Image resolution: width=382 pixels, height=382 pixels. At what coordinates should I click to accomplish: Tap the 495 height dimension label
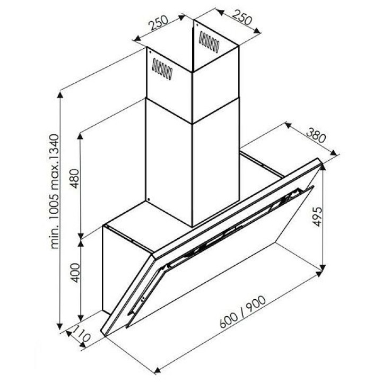(x=317, y=216)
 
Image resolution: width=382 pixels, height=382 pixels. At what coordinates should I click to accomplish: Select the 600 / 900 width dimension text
(x=242, y=312)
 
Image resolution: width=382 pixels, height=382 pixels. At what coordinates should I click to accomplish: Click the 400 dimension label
(x=75, y=273)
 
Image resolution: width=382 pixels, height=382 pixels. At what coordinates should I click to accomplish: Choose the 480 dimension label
(x=75, y=179)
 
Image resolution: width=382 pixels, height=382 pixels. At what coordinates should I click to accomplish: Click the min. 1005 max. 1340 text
(x=54, y=192)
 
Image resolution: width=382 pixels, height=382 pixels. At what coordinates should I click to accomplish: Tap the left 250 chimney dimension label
(x=159, y=23)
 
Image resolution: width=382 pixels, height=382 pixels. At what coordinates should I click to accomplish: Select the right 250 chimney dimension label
(x=242, y=18)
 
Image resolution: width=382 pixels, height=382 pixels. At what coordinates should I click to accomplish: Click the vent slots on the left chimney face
(x=162, y=69)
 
